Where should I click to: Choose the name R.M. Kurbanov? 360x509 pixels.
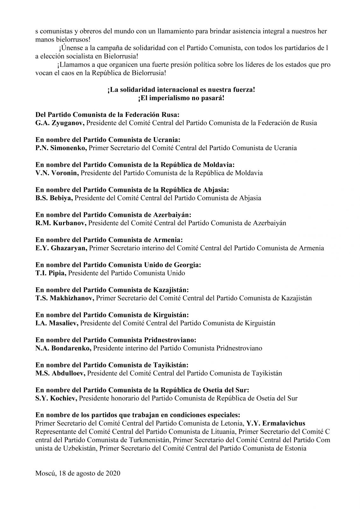61,223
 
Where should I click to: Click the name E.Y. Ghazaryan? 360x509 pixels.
61,248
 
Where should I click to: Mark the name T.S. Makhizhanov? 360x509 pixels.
65,298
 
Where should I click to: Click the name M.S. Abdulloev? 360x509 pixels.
60,373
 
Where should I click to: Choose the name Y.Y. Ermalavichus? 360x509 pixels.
276,423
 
